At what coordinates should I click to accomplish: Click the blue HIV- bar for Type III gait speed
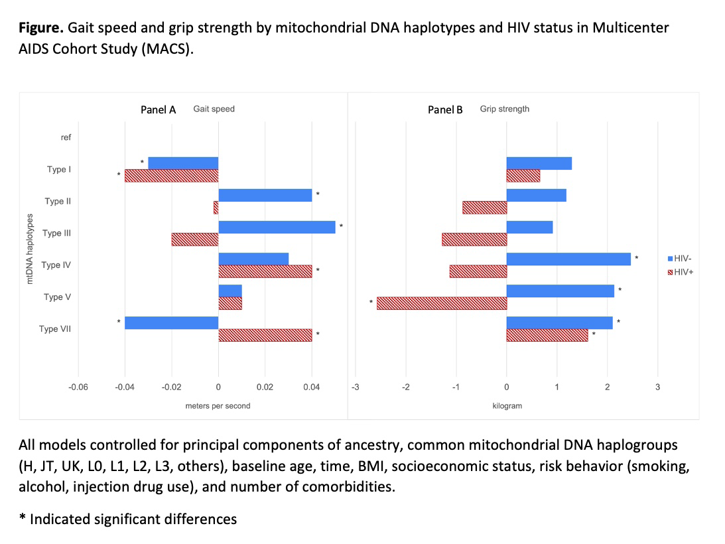277,227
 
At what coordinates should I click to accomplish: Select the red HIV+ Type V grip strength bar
442,303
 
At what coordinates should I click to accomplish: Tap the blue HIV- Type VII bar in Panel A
172,323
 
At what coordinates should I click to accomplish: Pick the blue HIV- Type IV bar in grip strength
568,259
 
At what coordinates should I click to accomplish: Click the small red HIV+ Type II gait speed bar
216,208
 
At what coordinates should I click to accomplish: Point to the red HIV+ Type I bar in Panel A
172,176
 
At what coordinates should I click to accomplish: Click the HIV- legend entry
680,259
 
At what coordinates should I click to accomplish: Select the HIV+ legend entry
680,273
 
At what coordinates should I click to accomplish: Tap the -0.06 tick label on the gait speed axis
78,387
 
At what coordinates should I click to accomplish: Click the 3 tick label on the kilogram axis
657,387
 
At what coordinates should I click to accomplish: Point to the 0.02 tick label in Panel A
265,387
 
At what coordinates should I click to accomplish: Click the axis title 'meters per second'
218,406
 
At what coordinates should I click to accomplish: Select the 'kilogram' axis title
507,406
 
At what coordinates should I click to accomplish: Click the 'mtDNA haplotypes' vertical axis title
30,249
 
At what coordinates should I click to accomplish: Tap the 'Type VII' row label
55,329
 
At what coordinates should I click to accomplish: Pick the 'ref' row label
66,137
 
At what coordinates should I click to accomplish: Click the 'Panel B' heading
445,109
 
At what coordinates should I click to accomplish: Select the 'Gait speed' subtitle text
214,109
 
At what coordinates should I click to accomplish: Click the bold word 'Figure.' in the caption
40,29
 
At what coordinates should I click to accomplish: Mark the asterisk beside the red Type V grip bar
371,303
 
